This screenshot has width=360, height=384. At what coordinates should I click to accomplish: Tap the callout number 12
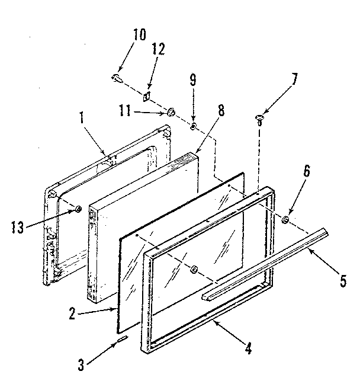tap(158, 51)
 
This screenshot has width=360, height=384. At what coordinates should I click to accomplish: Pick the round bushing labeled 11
tap(171, 110)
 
